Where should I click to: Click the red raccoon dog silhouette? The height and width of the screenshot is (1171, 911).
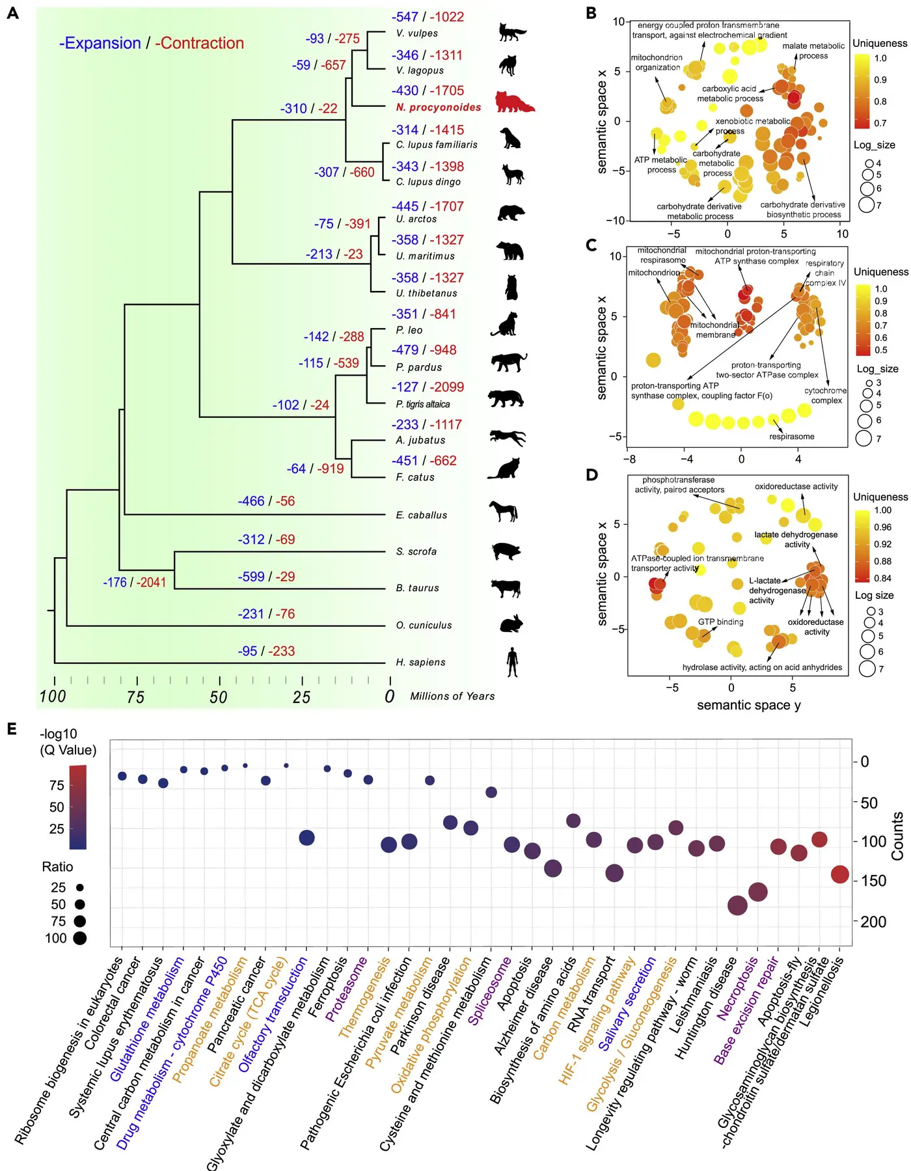(x=514, y=103)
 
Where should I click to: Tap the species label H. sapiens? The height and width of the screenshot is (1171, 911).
(x=420, y=663)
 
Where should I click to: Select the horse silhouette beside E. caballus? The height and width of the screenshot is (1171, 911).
(x=504, y=512)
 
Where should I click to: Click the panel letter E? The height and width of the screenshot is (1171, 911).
(x=12, y=728)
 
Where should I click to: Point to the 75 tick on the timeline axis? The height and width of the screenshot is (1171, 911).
(x=135, y=697)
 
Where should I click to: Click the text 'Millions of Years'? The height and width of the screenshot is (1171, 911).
(x=452, y=696)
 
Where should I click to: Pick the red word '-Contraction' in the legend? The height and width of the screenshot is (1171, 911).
(x=200, y=44)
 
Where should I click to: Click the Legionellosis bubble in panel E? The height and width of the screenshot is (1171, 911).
(x=840, y=874)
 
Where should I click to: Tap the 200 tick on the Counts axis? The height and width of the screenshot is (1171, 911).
(x=873, y=922)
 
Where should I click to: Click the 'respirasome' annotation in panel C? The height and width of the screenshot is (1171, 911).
(x=791, y=437)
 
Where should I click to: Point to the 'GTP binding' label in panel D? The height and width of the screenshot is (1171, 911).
(x=720, y=622)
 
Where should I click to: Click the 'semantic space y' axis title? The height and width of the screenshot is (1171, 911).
(x=748, y=706)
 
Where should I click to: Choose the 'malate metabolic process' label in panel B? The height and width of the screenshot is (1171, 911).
(x=813, y=51)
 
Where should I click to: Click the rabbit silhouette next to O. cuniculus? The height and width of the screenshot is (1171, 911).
(x=511, y=624)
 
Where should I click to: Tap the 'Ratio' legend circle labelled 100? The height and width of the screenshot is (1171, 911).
(x=80, y=939)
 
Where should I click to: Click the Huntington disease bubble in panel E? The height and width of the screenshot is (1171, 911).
(x=737, y=905)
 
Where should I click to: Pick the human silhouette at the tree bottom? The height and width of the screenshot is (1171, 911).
(x=513, y=662)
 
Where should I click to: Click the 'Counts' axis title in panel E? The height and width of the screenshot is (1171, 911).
(x=898, y=836)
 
